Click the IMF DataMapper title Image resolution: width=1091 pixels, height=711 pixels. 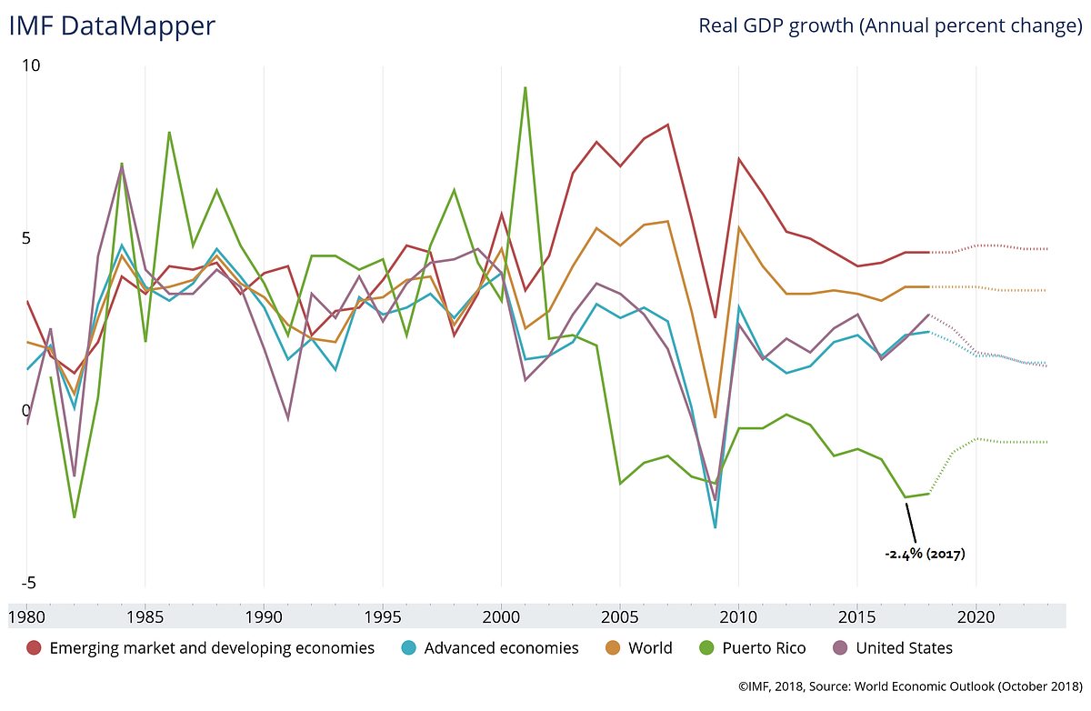pyautogui.click(x=112, y=25)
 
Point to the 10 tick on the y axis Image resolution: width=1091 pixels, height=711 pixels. pyautogui.click(x=32, y=66)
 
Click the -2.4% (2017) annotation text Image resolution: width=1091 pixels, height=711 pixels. pyautogui.click(x=925, y=553)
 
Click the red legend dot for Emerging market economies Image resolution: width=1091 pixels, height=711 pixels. pyautogui.click(x=35, y=648)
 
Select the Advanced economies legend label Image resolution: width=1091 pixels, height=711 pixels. pyautogui.click(x=501, y=648)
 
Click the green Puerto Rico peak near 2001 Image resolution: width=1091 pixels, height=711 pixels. pyautogui.click(x=525, y=88)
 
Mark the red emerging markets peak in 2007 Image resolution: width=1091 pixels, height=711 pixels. pyautogui.click(x=668, y=125)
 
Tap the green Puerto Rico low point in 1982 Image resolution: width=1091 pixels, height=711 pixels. pyautogui.click(x=74, y=517)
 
